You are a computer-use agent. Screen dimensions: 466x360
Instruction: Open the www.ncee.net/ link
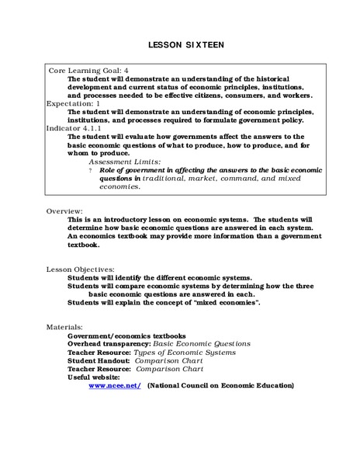pyautogui.click(x=115, y=384)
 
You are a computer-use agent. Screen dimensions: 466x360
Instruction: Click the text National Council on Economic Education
pyautogui.click(x=221, y=384)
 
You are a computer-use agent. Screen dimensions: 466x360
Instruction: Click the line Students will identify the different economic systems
pyautogui.click(x=160, y=276)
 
